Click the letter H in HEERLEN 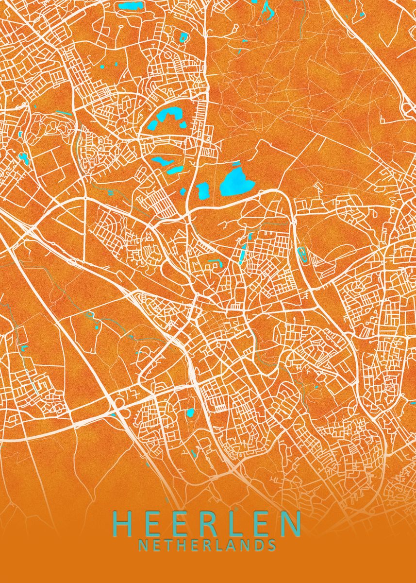click(x=124, y=523)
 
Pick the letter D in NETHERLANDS click(x=259, y=545)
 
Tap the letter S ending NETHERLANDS click(x=272, y=545)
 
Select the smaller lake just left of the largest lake click(x=203, y=190)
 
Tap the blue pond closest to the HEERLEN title click(x=190, y=413)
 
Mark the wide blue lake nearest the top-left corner click(x=130, y=6)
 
